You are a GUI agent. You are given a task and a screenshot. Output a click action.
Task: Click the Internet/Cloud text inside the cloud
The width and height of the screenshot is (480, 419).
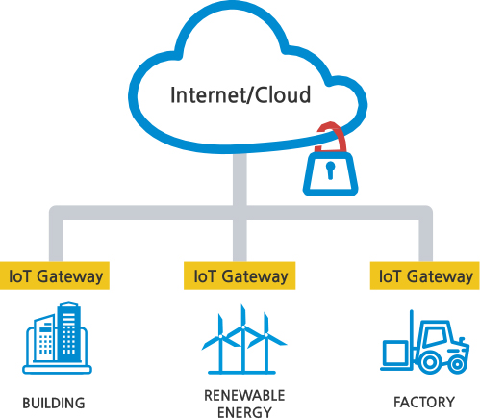pyautogui.click(x=240, y=95)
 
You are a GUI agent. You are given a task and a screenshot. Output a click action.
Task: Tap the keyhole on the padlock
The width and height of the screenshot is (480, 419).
pyautogui.click(x=330, y=170)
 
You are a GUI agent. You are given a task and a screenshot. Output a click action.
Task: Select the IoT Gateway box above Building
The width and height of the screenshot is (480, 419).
pyautogui.click(x=55, y=275)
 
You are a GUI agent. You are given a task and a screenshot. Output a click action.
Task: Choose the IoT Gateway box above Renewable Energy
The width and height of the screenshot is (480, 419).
pyautogui.click(x=240, y=275)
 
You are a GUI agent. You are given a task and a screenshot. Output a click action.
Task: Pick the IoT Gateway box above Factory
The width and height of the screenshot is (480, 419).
pyautogui.click(x=425, y=275)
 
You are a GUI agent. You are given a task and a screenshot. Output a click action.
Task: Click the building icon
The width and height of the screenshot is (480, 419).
pyautogui.click(x=57, y=338)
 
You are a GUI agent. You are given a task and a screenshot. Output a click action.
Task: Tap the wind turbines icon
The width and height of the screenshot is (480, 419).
pyautogui.click(x=243, y=340)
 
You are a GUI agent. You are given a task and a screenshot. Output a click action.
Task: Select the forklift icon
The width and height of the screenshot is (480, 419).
pyautogui.click(x=425, y=342)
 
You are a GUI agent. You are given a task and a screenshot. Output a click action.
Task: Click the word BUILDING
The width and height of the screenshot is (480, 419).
pyautogui.click(x=54, y=404)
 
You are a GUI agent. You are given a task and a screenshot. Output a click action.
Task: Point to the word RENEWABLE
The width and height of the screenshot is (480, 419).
pyautogui.click(x=244, y=396)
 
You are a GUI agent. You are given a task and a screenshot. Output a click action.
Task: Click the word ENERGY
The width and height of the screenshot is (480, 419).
pyautogui.click(x=244, y=412)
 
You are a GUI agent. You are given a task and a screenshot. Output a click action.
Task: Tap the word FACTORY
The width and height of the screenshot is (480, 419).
pyautogui.click(x=424, y=403)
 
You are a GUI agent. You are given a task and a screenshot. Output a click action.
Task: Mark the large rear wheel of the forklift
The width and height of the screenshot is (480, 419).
pyautogui.click(x=430, y=362)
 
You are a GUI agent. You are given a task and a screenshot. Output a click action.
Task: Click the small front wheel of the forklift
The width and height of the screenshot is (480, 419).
pyautogui.click(x=457, y=365)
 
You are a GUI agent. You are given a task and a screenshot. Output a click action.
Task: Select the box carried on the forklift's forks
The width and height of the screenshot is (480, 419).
pyautogui.click(x=396, y=353)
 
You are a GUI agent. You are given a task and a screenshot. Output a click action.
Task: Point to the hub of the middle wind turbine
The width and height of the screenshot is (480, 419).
pyautogui.click(x=243, y=327)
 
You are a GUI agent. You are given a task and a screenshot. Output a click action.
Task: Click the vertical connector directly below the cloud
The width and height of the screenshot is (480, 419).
pyautogui.click(x=240, y=180)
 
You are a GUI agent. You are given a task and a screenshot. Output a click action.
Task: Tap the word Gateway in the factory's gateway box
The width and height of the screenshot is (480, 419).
pyautogui.click(x=440, y=276)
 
